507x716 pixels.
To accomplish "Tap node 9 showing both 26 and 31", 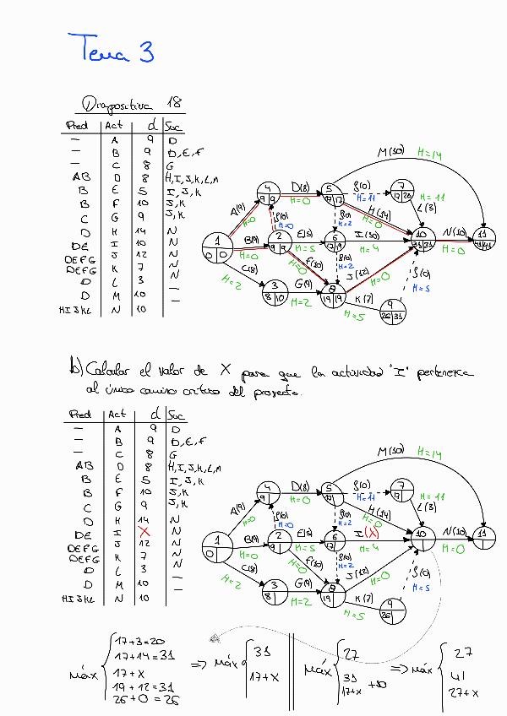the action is coord(391,311).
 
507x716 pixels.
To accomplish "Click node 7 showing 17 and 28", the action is coord(404,191).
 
